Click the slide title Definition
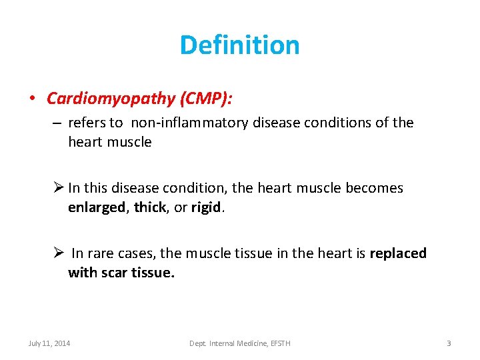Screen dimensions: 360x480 point(239,45)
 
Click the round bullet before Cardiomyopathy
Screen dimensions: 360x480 point(32,99)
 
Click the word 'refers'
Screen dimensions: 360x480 point(87,123)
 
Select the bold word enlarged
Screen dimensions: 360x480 point(96,207)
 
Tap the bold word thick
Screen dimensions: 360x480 point(149,207)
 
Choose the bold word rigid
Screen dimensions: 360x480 point(205,207)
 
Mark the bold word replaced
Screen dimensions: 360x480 point(398,253)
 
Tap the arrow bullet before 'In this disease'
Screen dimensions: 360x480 point(59,188)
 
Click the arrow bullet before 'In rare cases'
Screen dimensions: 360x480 point(59,253)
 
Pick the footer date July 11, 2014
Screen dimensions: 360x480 point(49,343)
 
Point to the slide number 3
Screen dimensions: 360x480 point(449,343)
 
